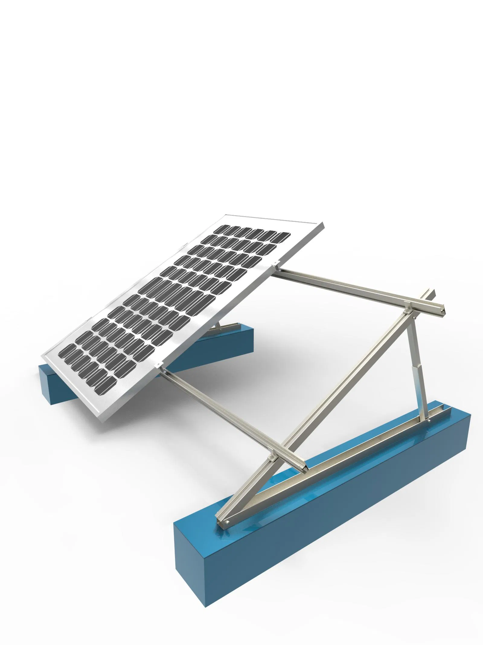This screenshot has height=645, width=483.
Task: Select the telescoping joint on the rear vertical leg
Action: pyautogui.click(x=417, y=374)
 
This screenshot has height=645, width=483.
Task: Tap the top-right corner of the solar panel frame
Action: pyautogui.click(x=323, y=224)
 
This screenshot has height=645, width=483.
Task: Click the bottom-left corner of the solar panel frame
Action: pyautogui.click(x=43, y=356)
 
